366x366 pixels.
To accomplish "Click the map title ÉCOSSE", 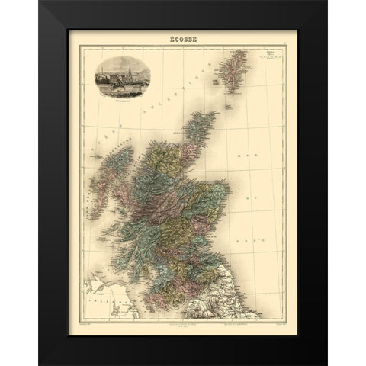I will [182, 37].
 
